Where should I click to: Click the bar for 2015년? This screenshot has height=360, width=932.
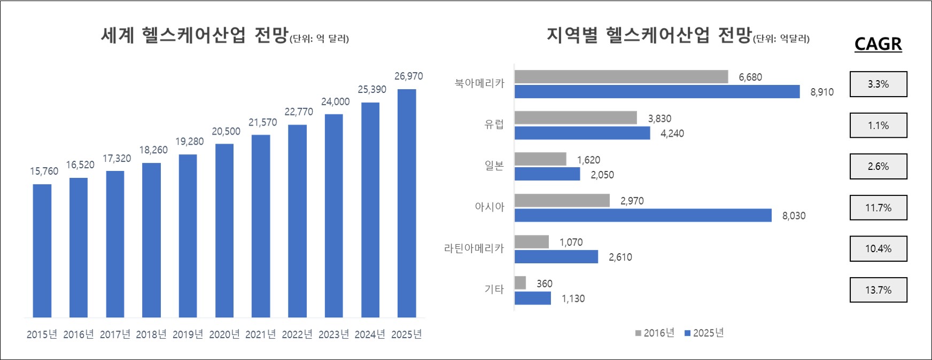click(42, 251)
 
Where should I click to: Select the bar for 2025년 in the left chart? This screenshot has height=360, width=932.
click(407, 203)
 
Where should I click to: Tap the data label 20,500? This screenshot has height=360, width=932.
click(226, 131)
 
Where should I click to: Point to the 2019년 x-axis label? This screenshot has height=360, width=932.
click(188, 334)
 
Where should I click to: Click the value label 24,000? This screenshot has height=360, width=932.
click(335, 101)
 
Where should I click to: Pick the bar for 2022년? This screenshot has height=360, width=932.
click(297, 221)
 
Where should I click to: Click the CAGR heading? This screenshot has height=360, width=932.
click(878, 44)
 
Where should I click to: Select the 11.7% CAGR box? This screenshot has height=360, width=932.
click(878, 208)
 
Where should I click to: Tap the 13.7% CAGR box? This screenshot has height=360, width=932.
click(878, 290)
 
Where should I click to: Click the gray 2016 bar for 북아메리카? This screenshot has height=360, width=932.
click(621, 77)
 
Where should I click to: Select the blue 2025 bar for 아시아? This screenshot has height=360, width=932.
click(643, 215)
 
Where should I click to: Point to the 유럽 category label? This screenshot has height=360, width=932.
click(494, 124)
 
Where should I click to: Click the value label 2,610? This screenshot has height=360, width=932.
click(620, 257)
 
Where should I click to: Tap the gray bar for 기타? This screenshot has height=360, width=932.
click(520, 283)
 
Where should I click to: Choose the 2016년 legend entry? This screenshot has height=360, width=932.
click(655, 333)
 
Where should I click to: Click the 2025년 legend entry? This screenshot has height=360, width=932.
click(704, 333)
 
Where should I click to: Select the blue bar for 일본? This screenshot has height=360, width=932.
click(547, 174)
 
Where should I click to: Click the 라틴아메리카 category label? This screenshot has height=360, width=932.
click(474, 248)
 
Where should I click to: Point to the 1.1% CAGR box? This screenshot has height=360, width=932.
click(878, 126)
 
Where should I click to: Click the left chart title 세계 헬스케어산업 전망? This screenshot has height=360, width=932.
click(195, 36)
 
